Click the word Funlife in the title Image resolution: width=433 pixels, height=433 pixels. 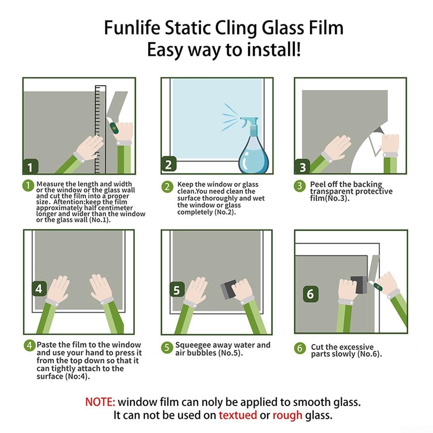(x=132, y=28)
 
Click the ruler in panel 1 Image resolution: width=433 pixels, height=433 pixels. (x=101, y=129)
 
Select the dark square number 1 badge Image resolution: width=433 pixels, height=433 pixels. (x=31, y=167)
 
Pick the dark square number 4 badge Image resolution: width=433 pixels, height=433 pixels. (x=39, y=289)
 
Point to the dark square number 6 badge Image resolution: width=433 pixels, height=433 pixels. (x=311, y=294)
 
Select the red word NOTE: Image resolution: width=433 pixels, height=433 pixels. (x=100, y=402)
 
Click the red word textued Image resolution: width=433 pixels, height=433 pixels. (x=238, y=415)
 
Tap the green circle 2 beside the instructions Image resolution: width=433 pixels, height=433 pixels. (x=167, y=187)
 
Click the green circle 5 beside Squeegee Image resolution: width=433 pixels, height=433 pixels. (x=167, y=348)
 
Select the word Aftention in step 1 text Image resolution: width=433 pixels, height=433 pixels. (x=69, y=202)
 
